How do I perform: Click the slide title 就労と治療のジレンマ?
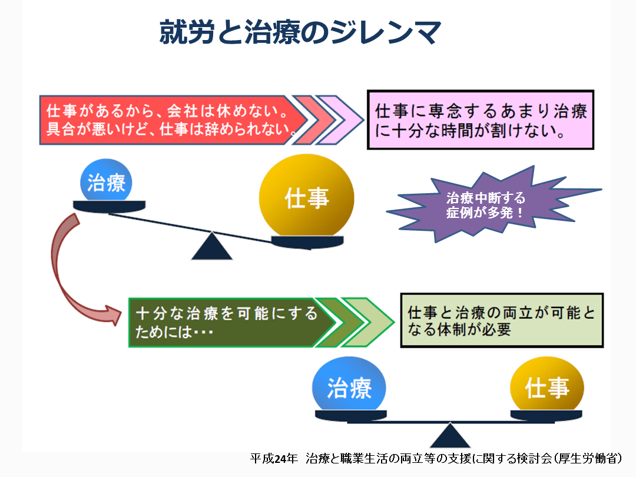coord(300,32)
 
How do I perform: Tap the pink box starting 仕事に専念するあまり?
coord(481,120)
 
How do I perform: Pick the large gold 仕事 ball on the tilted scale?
coord(307,197)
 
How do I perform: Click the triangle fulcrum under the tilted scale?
coord(212,246)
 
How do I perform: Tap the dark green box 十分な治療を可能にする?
coord(231,323)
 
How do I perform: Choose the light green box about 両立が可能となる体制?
coord(502,320)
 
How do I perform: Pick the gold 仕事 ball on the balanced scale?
coord(546,385)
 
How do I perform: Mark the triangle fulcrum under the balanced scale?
coord(450,436)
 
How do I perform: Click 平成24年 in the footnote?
coord(274,459)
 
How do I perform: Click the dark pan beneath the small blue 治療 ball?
coord(109,207)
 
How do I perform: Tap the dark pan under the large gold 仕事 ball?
coord(307,242)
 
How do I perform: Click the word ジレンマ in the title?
coord(385,32)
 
